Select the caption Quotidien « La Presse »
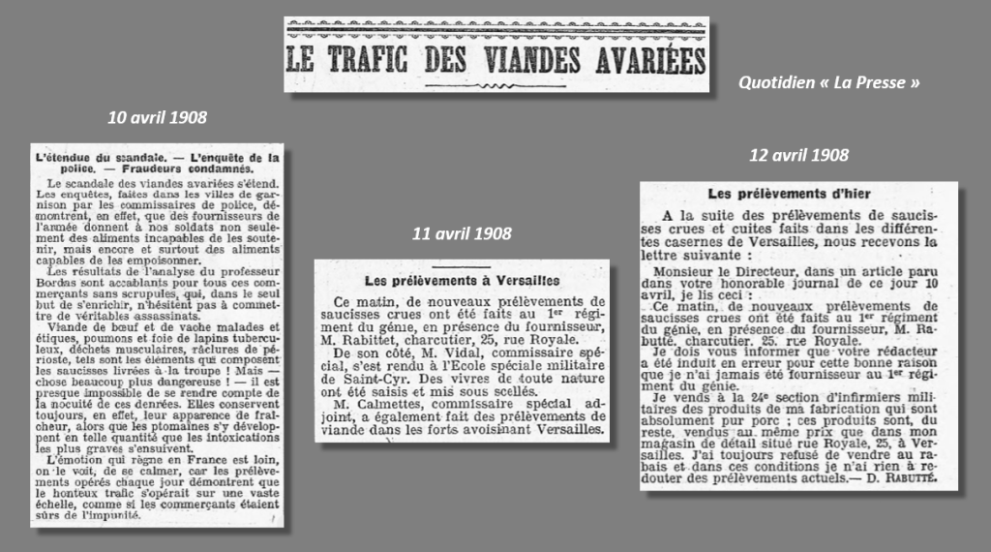point(828,83)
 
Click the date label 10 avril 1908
point(157,118)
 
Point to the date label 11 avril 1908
point(461,233)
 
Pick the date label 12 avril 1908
point(798,155)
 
